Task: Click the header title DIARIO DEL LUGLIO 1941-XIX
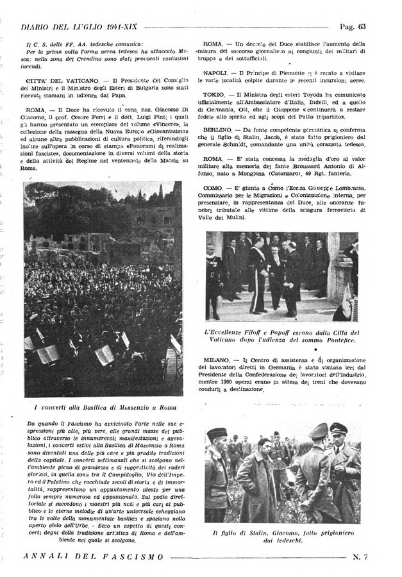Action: (x=81, y=27)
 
